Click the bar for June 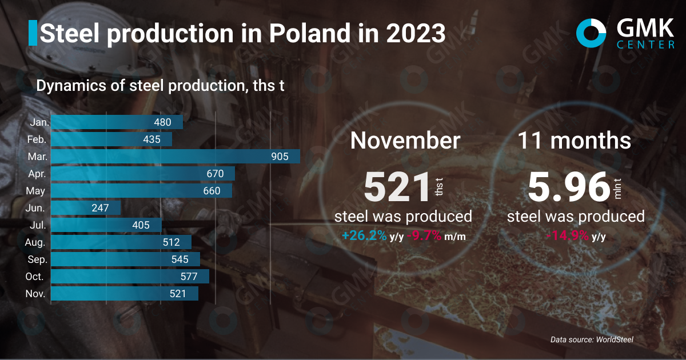[86, 208]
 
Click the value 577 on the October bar [189, 277]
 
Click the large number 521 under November [397, 187]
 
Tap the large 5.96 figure [568, 187]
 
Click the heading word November [405, 141]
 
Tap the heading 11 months [575, 141]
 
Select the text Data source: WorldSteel [592, 339]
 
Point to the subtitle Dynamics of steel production [160, 86]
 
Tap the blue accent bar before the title [33, 33]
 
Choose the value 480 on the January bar [163, 122]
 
